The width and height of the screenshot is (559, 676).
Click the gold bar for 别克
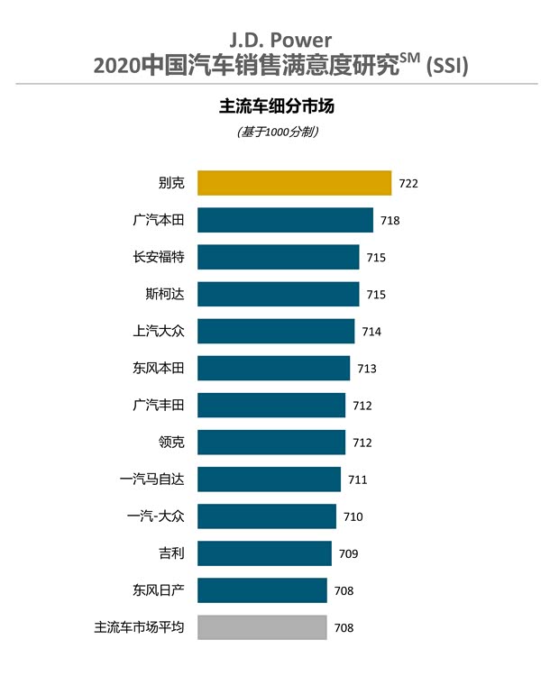pyautogui.click(x=294, y=183)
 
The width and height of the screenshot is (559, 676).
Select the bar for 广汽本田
pyautogui.click(x=285, y=220)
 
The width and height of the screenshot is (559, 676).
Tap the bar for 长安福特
pyautogui.click(x=278, y=257)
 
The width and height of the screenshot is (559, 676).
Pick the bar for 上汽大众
pyautogui.click(x=276, y=331)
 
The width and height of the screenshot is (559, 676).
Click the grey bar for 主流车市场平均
pyautogui.click(x=261, y=627)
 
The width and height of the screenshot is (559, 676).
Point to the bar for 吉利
pyautogui.click(x=264, y=553)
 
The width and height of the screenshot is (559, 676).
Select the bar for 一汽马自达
pyautogui.click(x=269, y=480)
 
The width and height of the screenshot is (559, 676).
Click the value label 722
pyautogui.click(x=408, y=184)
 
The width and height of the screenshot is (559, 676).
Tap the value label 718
pyautogui.click(x=389, y=221)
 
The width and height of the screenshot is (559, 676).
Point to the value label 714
pyautogui.click(x=371, y=332)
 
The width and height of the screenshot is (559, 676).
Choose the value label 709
pyautogui.click(x=348, y=554)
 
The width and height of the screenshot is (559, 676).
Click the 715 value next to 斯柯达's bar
pyautogui.click(x=376, y=295)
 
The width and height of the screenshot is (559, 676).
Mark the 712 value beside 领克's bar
pyautogui.click(x=362, y=443)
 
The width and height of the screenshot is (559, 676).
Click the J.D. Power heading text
pyautogui.click(x=279, y=41)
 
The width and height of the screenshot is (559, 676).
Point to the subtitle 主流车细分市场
pyautogui.click(x=279, y=106)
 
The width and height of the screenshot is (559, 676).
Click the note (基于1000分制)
pyautogui.click(x=279, y=132)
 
